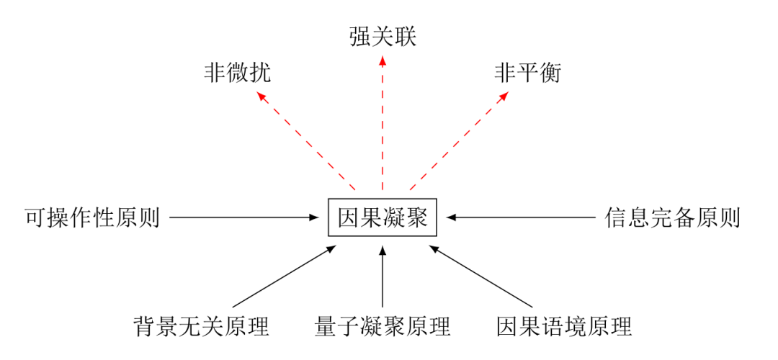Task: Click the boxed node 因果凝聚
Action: (383, 217)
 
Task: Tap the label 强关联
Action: (383, 35)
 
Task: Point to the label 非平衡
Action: (528, 73)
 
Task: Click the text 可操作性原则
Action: (91, 217)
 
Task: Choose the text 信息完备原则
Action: (672, 217)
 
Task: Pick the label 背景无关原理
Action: (201, 326)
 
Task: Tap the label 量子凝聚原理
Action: (383, 326)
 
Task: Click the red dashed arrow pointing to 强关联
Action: (383, 122)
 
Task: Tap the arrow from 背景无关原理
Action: (285, 276)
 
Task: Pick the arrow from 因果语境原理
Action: (480, 276)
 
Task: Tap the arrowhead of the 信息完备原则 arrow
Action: (450, 217)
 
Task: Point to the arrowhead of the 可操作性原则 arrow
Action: (315, 217)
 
